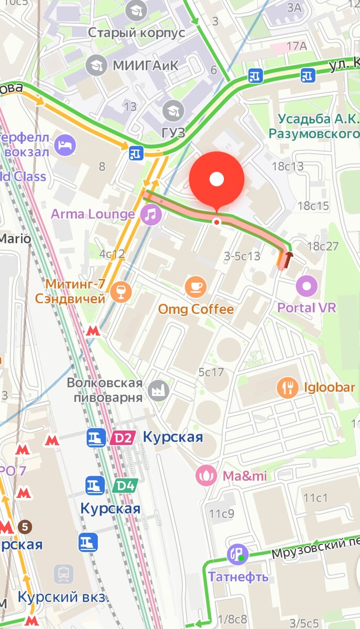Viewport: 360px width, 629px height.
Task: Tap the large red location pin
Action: click(216, 180)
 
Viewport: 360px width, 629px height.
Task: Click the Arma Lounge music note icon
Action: click(151, 214)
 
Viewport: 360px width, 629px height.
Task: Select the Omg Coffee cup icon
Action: click(196, 287)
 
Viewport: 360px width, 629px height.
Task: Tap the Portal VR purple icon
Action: click(307, 286)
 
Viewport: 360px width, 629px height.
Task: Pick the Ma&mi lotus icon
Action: click(205, 476)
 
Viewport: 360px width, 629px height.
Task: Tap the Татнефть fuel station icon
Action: click(237, 555)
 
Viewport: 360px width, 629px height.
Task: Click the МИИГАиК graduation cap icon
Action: click(96, 65)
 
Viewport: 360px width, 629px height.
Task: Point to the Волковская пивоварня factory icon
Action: click(156, 389)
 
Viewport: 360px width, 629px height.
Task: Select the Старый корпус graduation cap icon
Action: click(137, 9)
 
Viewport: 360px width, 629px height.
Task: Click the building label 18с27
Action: click(323, 246)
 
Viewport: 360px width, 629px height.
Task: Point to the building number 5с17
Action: click(211, 373)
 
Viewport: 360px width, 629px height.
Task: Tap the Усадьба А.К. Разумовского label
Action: click(313, 126)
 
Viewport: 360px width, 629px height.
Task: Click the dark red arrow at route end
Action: click(288, 258)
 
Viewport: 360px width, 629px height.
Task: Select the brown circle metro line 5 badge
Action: click(24, 526)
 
